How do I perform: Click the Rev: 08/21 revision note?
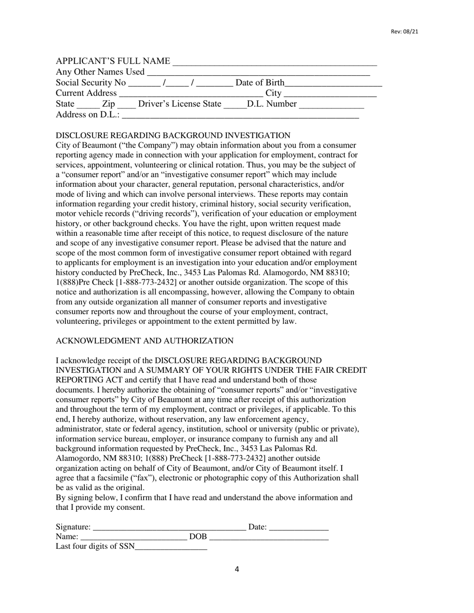[404, 32]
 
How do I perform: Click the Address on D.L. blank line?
[240, 116]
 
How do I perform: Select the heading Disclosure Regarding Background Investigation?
[173, 136]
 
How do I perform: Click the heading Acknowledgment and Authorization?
[144, 341]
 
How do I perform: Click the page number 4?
[237, 570]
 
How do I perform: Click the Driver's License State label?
[179, 104]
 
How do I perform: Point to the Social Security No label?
[91, 83]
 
